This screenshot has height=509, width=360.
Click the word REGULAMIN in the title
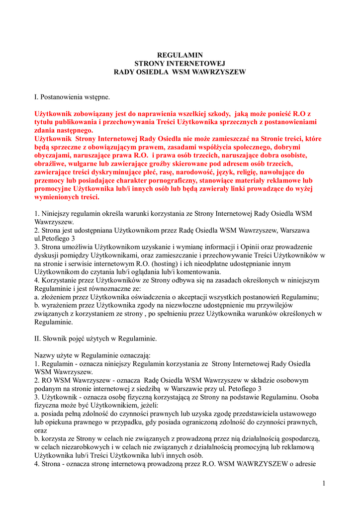click(x=180, y=55)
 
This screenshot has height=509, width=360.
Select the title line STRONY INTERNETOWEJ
click(x=180, y=64)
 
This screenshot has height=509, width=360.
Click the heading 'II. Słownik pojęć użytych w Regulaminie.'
click(x=95, y=339)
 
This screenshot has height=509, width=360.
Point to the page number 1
click(x=323, y=483)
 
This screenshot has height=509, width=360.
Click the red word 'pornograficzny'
click(x=173, y=180)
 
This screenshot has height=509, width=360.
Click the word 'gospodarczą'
click(x=301, y=439)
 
